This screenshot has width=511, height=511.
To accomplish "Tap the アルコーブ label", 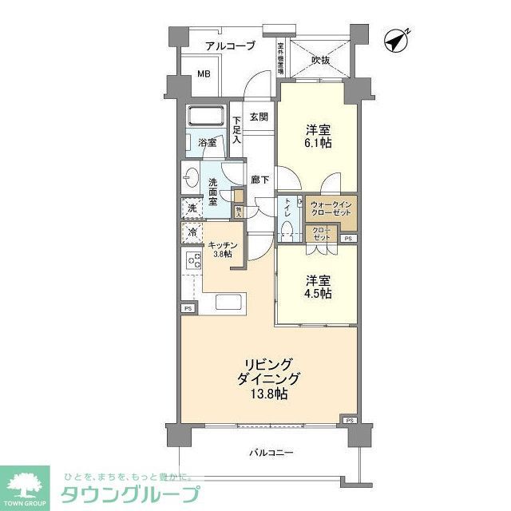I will (230, 46).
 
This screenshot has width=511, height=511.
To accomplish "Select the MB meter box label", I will (204, 75).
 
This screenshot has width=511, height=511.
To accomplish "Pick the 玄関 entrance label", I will (258, 117).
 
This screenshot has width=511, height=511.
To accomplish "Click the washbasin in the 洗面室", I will (192, 177).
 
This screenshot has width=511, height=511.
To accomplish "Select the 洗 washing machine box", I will (192, 209).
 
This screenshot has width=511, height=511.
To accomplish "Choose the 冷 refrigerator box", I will (192, 232).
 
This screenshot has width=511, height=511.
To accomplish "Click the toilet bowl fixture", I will (287, 230).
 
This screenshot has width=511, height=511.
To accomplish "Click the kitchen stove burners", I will (193, 259).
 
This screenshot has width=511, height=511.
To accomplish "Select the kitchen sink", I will (230, 304).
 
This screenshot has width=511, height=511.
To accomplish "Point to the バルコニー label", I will (269, 453).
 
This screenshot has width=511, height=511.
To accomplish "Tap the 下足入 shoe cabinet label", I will (237, 130).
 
